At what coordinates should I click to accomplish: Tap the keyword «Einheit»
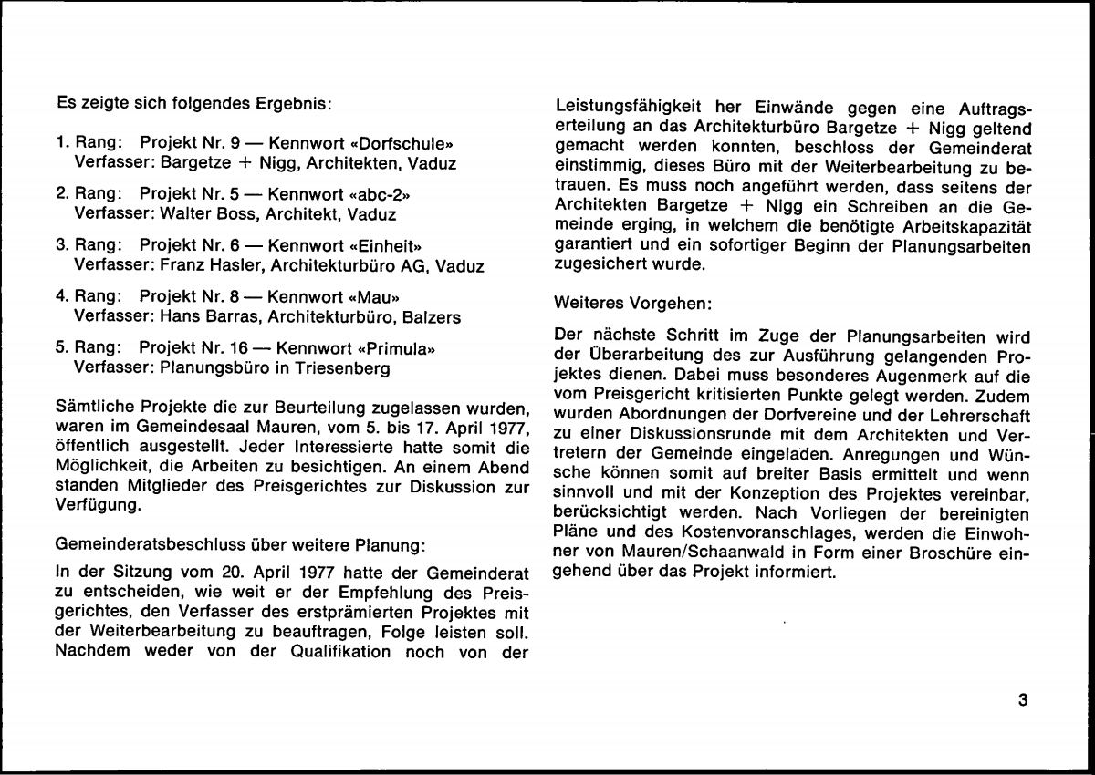point(388,245)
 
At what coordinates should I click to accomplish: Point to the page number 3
point(1022,700)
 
